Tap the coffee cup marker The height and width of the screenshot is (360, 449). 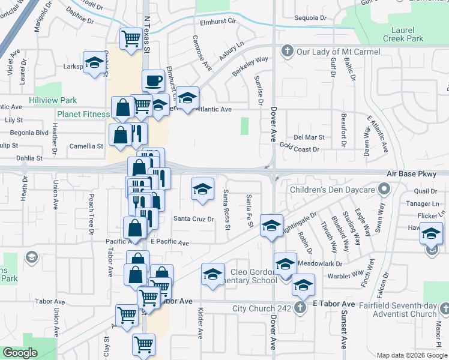point(154,80)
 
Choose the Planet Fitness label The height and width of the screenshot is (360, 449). point(83,114)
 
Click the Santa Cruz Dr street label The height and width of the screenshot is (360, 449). point(194,219)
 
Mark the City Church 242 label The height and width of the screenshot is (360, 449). point(262,308)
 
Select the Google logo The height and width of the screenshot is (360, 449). point(20,353)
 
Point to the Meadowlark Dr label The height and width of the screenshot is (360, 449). point(325,263)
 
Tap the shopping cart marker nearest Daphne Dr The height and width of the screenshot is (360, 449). point(130,39)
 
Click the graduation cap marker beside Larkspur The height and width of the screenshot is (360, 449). point(94,63)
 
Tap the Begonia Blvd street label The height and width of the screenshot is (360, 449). point(26,133)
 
